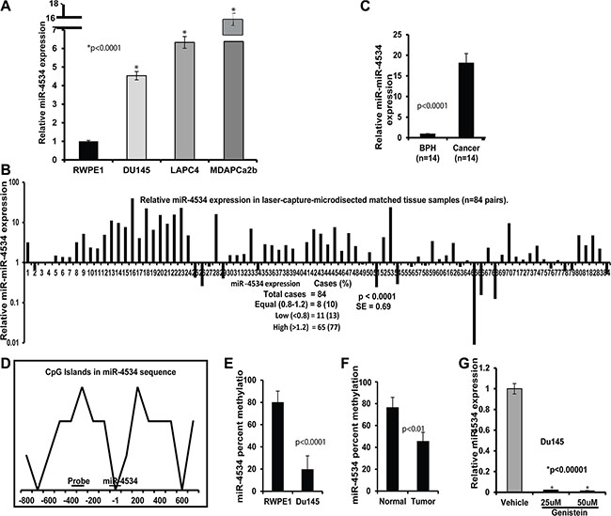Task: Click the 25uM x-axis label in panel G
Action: tap(547, 498)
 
